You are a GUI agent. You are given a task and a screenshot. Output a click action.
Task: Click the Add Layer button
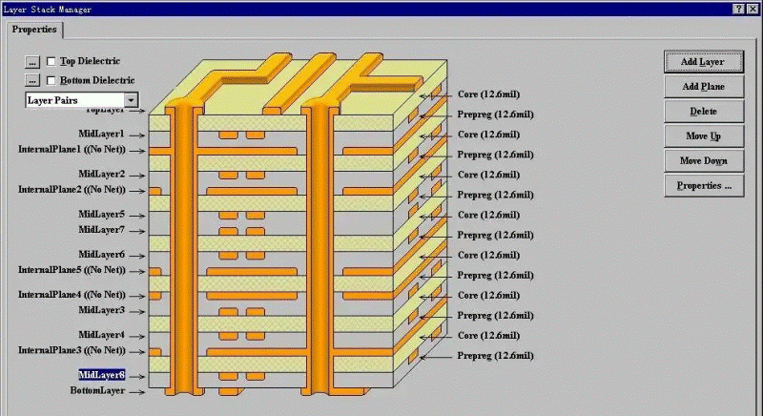click(x=702, y=62)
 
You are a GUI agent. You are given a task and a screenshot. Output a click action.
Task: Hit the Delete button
click(x=702, y=112)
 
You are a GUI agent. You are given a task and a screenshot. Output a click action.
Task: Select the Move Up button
click(x=702, y=136)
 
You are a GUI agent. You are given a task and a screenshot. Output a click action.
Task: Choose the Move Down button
click(x=702, y=161)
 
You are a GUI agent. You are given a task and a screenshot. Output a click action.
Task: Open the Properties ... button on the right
click(x=702, y=186)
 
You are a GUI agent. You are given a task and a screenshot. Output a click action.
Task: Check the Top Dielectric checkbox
click(x=52, y=62)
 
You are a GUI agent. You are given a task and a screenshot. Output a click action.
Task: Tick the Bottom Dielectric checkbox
click(x=52, y=81)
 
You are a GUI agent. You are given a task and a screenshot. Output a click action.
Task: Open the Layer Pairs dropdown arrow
click(x=131, y=100)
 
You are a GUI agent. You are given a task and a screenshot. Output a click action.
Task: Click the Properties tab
click(x=34, y=30)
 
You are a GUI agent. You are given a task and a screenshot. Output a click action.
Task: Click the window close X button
click(x=753, y=9)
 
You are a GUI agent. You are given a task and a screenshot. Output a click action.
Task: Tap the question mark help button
click(x=738, y=9)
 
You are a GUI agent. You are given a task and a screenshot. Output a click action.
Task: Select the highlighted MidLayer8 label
click(x=101, y=375)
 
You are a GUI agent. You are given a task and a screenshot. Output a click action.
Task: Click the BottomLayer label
click(x=98, y=391)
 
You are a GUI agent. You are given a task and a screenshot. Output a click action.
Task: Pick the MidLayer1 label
click(x=101, y=135)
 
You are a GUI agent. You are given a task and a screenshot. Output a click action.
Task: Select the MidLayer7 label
click(x=101, y=230)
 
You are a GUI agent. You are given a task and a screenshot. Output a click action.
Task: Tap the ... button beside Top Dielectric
click(x=32, y=62)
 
